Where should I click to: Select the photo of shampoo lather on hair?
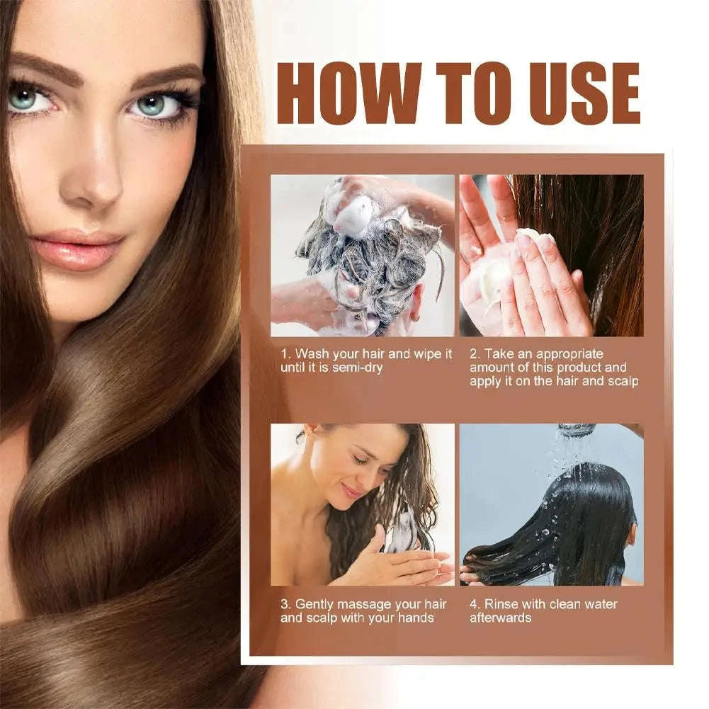pos(362,255)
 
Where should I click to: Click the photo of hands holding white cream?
pos(551,255)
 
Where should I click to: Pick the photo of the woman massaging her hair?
pos(362,504)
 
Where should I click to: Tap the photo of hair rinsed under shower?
pos(551,504)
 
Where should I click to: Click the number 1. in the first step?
pos(285,353)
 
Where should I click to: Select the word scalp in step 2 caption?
pos(621,381)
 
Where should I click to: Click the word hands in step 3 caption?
pos(414,618)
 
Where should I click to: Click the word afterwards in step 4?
pos(500,618)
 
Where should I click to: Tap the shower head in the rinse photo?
pos(576,429)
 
